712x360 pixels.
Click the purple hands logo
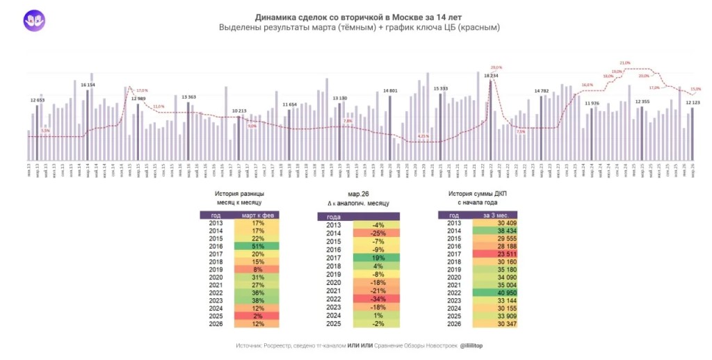click(x=34, y=21)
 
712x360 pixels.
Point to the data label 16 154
click(x=88, y=84)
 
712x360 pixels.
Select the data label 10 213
click(x=238, y=111)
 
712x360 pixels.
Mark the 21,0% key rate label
click(x=624, y=63)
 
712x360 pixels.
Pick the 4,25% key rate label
click(x=423, y=136)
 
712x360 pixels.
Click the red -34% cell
click(x=378, y=298)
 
